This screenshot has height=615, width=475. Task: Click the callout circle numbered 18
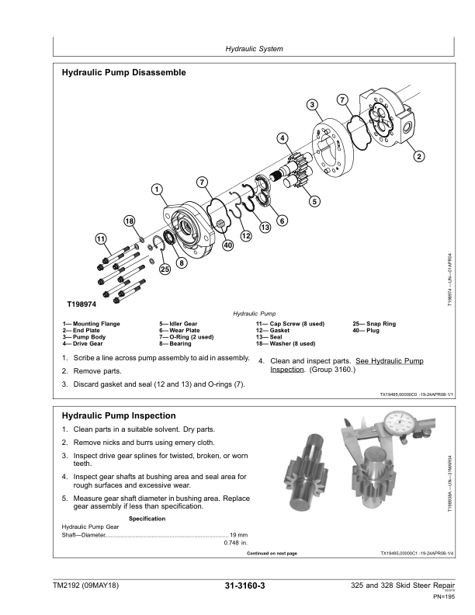pos(130,221)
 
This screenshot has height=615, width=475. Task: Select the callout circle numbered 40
pos(227,245)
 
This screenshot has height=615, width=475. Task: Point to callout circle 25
pos(165,269)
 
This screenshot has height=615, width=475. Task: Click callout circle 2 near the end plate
pos(419,157)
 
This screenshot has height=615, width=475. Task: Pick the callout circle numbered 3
pos(311,105)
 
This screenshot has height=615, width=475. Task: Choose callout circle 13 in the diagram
pos(265,227)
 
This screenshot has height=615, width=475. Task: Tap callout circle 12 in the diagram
pos(245,235)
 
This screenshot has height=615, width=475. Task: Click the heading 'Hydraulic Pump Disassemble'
pos(123,73)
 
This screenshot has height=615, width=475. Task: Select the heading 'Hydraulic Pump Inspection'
pos(118,415)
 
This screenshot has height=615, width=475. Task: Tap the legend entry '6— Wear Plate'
pos(179,330)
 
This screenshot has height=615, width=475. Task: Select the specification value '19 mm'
pos(238,535)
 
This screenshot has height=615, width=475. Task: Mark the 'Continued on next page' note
pos(271,554)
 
